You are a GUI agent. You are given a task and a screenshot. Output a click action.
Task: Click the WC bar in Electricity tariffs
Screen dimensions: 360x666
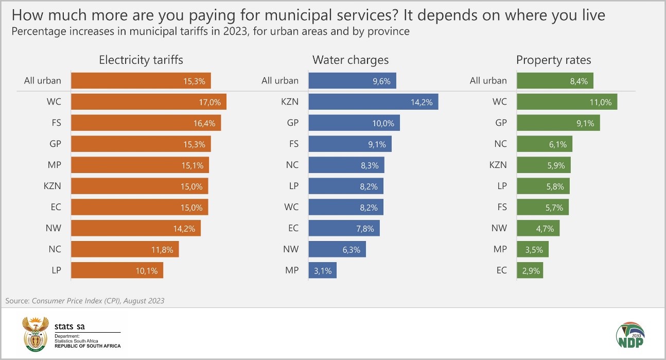pos(148,101)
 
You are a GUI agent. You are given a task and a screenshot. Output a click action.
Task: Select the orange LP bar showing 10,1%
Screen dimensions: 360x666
pos(117,270)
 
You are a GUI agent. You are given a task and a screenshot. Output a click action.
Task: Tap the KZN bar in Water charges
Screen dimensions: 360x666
pos(373,101)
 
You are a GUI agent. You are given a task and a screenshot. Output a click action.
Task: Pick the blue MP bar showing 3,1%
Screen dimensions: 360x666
pos(322,270)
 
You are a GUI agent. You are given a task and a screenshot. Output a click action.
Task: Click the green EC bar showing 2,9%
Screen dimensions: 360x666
pos(530,270)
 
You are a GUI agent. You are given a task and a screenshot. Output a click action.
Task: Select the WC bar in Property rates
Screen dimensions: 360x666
pos(567,101)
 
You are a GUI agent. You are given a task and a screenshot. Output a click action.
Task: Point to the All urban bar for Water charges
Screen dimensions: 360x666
pos(352,80)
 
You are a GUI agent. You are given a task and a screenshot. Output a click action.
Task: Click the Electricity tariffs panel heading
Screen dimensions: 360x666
pos(141,60)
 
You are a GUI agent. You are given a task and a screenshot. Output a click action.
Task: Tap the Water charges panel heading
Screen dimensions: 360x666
pos(350,60)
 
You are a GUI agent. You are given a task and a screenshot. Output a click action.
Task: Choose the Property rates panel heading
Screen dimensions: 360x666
pos(554,60)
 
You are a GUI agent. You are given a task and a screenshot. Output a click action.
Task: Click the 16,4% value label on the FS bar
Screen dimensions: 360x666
pos(207,123)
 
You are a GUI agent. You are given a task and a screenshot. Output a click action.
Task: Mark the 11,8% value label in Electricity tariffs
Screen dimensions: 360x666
pos(165,250)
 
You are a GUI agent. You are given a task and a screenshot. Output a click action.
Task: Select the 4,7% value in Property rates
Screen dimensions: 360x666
pos(547,228)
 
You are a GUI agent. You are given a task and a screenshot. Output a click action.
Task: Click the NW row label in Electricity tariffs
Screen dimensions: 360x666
pos(54,228)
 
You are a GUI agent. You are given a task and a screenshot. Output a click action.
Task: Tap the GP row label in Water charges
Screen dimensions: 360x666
pos(292,123)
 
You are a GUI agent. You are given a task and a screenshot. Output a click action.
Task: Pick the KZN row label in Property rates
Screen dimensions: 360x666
pos(498,165)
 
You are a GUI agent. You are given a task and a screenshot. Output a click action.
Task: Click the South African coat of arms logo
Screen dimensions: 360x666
pos(35,334)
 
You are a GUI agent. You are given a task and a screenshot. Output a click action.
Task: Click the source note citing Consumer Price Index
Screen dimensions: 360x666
pos(85,301)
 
